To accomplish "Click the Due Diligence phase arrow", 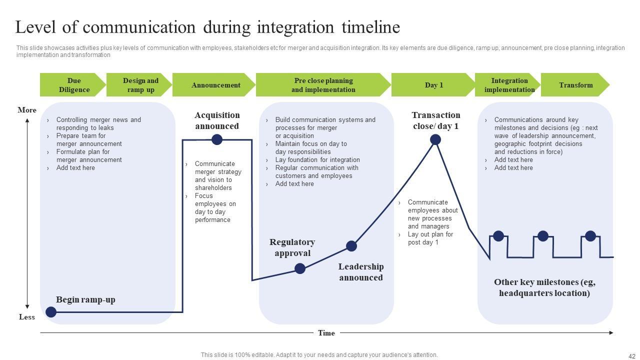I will coord(73,85).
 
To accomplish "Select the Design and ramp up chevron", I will coord(139,85).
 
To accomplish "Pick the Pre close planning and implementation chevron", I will coord(323,85).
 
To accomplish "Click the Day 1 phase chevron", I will coord(433,85).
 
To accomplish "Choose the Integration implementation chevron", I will coord(508,85).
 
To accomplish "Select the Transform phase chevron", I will coord(575,85).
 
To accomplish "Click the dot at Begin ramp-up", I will coord(51,312).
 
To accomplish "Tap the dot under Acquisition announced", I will coord(217,139).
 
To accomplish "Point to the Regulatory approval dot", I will coord(300,268).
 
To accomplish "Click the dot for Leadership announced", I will coord(351,246).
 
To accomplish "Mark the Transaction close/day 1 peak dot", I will coord(435,139).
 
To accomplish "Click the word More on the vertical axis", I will coord(27,110).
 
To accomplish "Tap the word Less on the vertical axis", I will coord(27,317).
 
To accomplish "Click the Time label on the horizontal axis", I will coord(326,333).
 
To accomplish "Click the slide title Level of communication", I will coord(207,27).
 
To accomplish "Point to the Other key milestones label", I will coord(544,287).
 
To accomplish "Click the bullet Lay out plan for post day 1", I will coord(430,238).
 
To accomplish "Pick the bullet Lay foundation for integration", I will coord(317,160).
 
